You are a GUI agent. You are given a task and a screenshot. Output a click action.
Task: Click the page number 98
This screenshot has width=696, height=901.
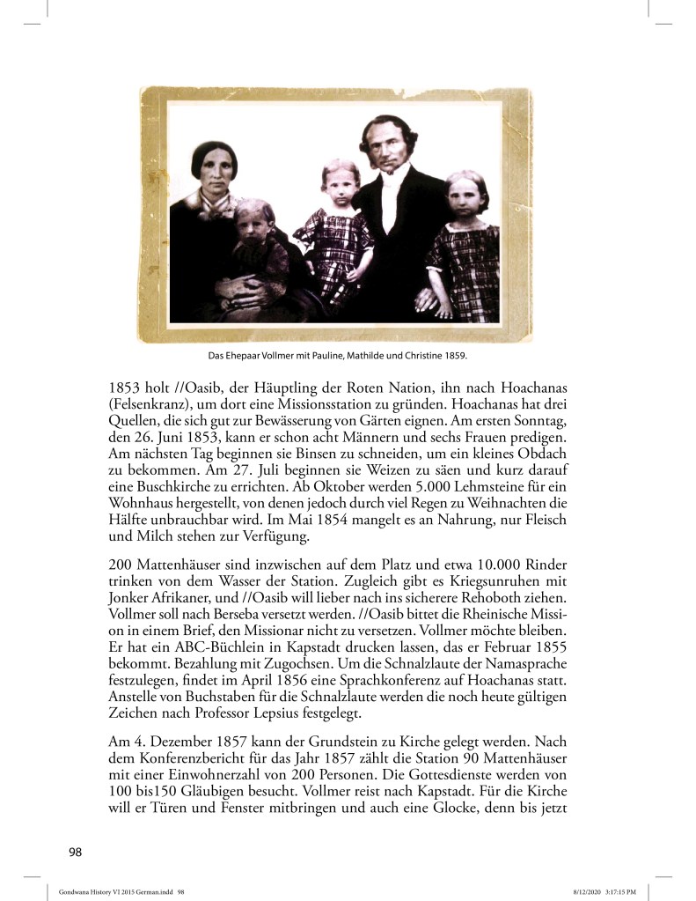76,851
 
